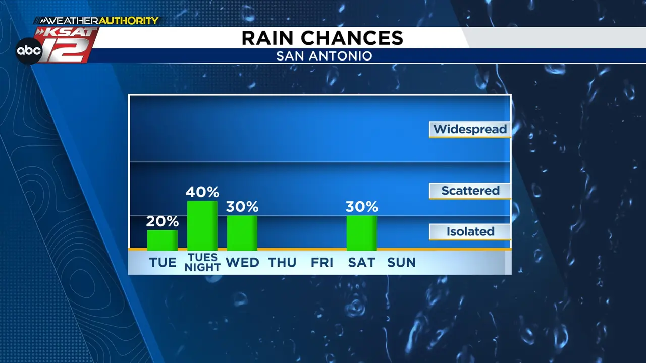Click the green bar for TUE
coord(163,240)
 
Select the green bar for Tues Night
coord(202,225)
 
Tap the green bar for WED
coord(242,233)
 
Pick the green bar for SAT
coord(362,233)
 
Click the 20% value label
coord(163,221)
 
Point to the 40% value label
coord(202,192)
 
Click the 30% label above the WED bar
coord(242,207)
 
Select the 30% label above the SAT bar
coord(362,207)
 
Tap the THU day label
coord(282,263)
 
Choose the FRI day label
coord(322,263)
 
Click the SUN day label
coord(401,263)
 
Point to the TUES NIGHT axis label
coord(202,262)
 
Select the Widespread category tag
coord(470,130)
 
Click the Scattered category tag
coord(470,191)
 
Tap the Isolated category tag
coord(470,232)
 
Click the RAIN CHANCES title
coord(322,38)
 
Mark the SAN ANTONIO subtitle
coord(324,56)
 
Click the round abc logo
coord(29,51)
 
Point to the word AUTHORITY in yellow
coord(129,21)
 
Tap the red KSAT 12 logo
coord(68,45)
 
